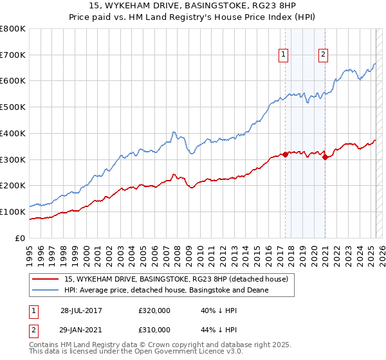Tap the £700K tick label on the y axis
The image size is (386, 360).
13,55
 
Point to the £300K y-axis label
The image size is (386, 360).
13,159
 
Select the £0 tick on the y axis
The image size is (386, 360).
21,238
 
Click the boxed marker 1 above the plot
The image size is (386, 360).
283,55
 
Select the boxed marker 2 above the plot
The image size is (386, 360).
323,55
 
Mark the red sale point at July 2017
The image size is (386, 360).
285,154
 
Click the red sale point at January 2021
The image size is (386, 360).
325,157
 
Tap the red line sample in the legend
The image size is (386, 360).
46,278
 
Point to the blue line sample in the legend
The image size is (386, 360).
46,290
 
